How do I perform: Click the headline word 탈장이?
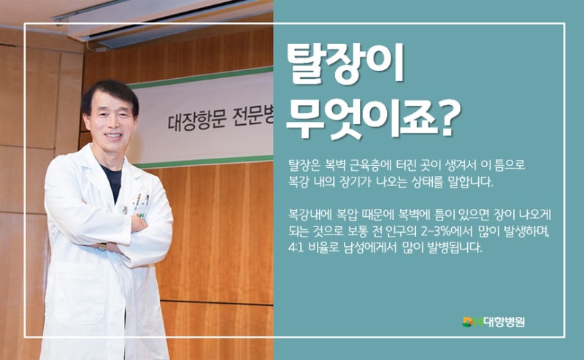point(345,64)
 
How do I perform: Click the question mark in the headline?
point(450,119)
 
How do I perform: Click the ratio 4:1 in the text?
point(295,248)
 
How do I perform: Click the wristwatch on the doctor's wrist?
point(102,246)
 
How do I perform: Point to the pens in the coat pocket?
point(142,199)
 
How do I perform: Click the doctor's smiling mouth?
point(113,136)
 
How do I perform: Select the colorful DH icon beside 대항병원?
point(472,321)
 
